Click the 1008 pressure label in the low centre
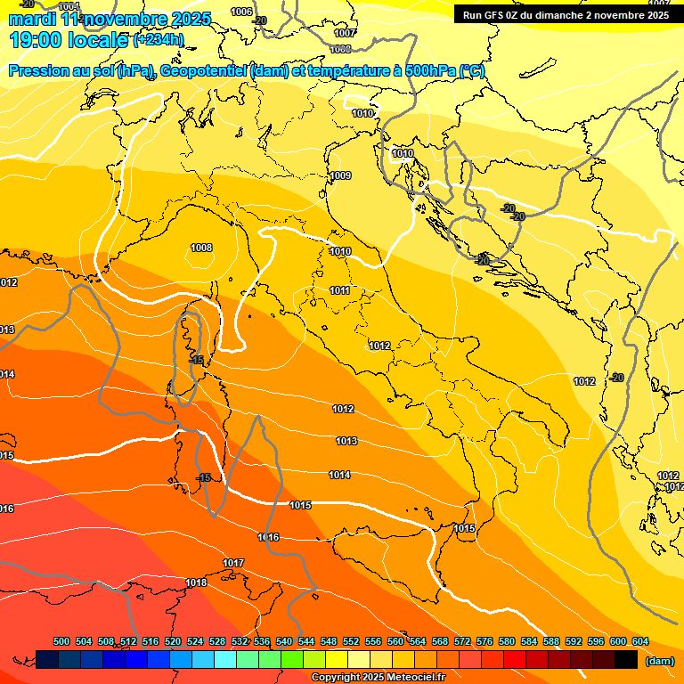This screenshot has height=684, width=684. pyautogui.click(x=201, y=248)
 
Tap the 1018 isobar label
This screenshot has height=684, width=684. pyautogui.click(x=196, y=583)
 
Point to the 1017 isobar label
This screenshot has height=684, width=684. pyautogui.click(x=233, y=563)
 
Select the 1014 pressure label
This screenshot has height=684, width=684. pyautogui.click(x=339, y=475)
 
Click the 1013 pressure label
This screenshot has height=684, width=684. pyautogui.click(x=346, y=441)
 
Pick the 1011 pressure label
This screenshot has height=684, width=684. pyautogui.click(x=339, y=290)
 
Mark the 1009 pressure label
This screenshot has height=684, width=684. pyautogui.click(x=339, y=175)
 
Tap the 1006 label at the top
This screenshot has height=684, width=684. pyautogui.click(x=241, y=12)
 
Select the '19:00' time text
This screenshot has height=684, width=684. pyautogui.click(x=36, y=40)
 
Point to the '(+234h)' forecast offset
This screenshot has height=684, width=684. pyautogui.click(x=158, y=40)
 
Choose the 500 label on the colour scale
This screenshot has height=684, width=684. pyautogui.click(x=61, y=642)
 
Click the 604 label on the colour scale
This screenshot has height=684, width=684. pyautogui.click(x=639, y=642)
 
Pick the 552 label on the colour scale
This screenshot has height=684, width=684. pyautogui.click(x=351, y=642)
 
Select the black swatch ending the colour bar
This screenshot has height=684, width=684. pyautogui.click(x=626, y=659)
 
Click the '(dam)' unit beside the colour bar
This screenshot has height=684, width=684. pyautogui.click(x=660, y=660)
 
